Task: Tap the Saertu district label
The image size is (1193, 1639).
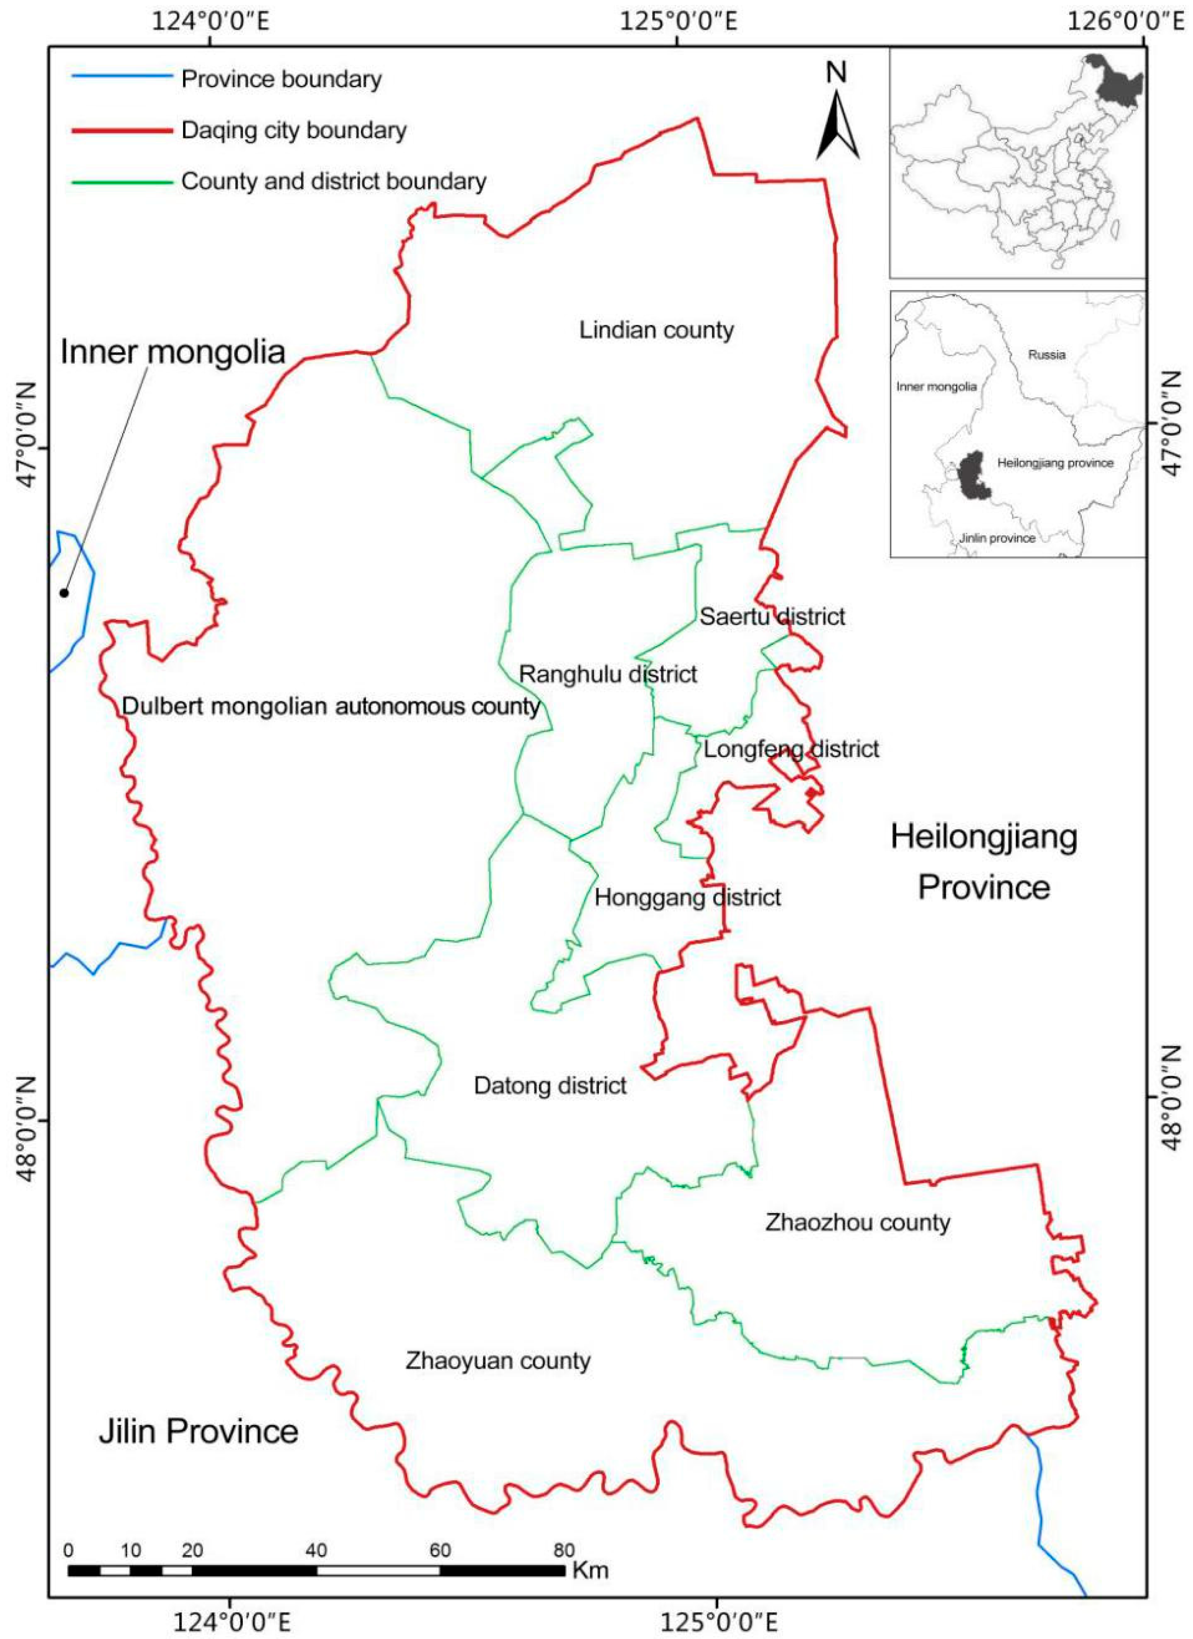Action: pyautogui.click(x=772, y=616)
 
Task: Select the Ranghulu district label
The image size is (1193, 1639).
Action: pyautogui.click(x=608, y=674)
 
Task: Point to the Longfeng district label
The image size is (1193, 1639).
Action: pyautogui.click(x=791, y=749)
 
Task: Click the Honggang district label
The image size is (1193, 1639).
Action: pyautogui.click(x=687, y=898)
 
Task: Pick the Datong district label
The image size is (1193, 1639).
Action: pyautogui.click(x=550, y=1086)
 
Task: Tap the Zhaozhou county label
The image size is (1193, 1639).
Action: pyautogui.click(x=857, y=1222)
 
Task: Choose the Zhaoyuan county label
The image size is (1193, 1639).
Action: pyautogui.click(x=498, y=1361)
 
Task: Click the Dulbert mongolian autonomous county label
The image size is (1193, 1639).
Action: pyautogui.click(x=331, y=706)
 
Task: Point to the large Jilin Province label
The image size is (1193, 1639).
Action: pyautogui.click(x=198, y=1431)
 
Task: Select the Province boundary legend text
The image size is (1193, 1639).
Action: pyautogui.click(x=281, y=79)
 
